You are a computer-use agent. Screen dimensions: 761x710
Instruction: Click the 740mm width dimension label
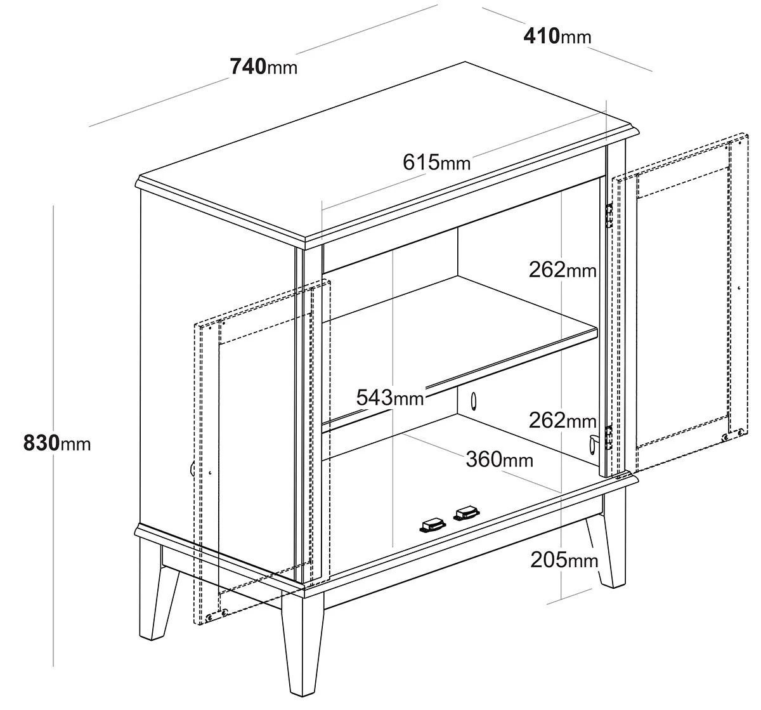pyautogui.click(x=264, y=66)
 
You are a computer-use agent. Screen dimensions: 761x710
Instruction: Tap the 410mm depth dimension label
pyautogui.click(x=557, y=36)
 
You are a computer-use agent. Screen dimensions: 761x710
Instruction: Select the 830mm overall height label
pyautogui.click(x=57, y=443)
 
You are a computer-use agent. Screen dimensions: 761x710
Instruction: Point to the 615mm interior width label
pyautogui.click(x=436, y=162)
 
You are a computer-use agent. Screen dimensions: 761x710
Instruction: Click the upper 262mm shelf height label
pyautogui.click(x=563, y=270)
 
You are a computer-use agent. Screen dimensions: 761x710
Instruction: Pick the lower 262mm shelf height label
pyautogui.click(x=563, y=420)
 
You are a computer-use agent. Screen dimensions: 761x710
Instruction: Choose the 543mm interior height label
pyautogui.click(x=390, y=397)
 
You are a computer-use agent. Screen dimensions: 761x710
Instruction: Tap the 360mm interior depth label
pyautogui.click(x=499, y=459)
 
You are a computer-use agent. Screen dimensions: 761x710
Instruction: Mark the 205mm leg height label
pyautogui.click(x=564, y=560)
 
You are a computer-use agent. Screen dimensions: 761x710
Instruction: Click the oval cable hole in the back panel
pyautogui.click(x=474, y=401)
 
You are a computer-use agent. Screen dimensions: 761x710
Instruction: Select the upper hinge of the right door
pyautogui.click(x=609, y=216)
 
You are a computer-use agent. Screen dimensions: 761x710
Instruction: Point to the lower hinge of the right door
pyautogui.click(x=609, y=437)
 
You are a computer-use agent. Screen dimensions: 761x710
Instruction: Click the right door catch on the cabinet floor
pyautogui.click(x=466, y=513)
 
